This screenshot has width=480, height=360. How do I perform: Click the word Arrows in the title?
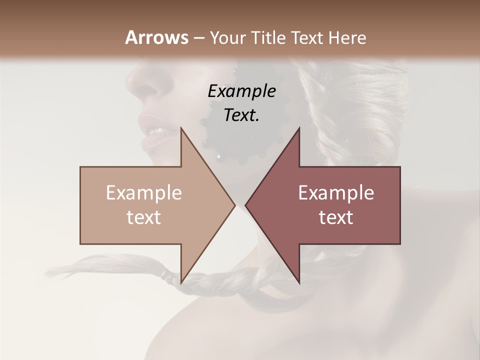[x=156, y=37]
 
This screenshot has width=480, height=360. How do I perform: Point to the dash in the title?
[x=198, y=38]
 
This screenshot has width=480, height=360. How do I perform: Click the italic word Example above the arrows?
[x=241, y=91]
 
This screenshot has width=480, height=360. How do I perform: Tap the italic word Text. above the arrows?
[x=241, y=115]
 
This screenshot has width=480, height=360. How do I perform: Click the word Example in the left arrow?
[x=143, y=193]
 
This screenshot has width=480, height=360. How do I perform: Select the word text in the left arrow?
[x=143, y=217]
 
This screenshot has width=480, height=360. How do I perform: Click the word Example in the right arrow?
[x=336, y=193]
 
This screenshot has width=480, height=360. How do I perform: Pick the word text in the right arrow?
[x=336, y=217]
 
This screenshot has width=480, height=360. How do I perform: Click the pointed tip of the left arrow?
[x=235, y=205]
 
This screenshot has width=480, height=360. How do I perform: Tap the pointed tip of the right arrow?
[x=245, y=205]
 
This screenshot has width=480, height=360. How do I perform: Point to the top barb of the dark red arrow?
[x=299, y=129]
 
